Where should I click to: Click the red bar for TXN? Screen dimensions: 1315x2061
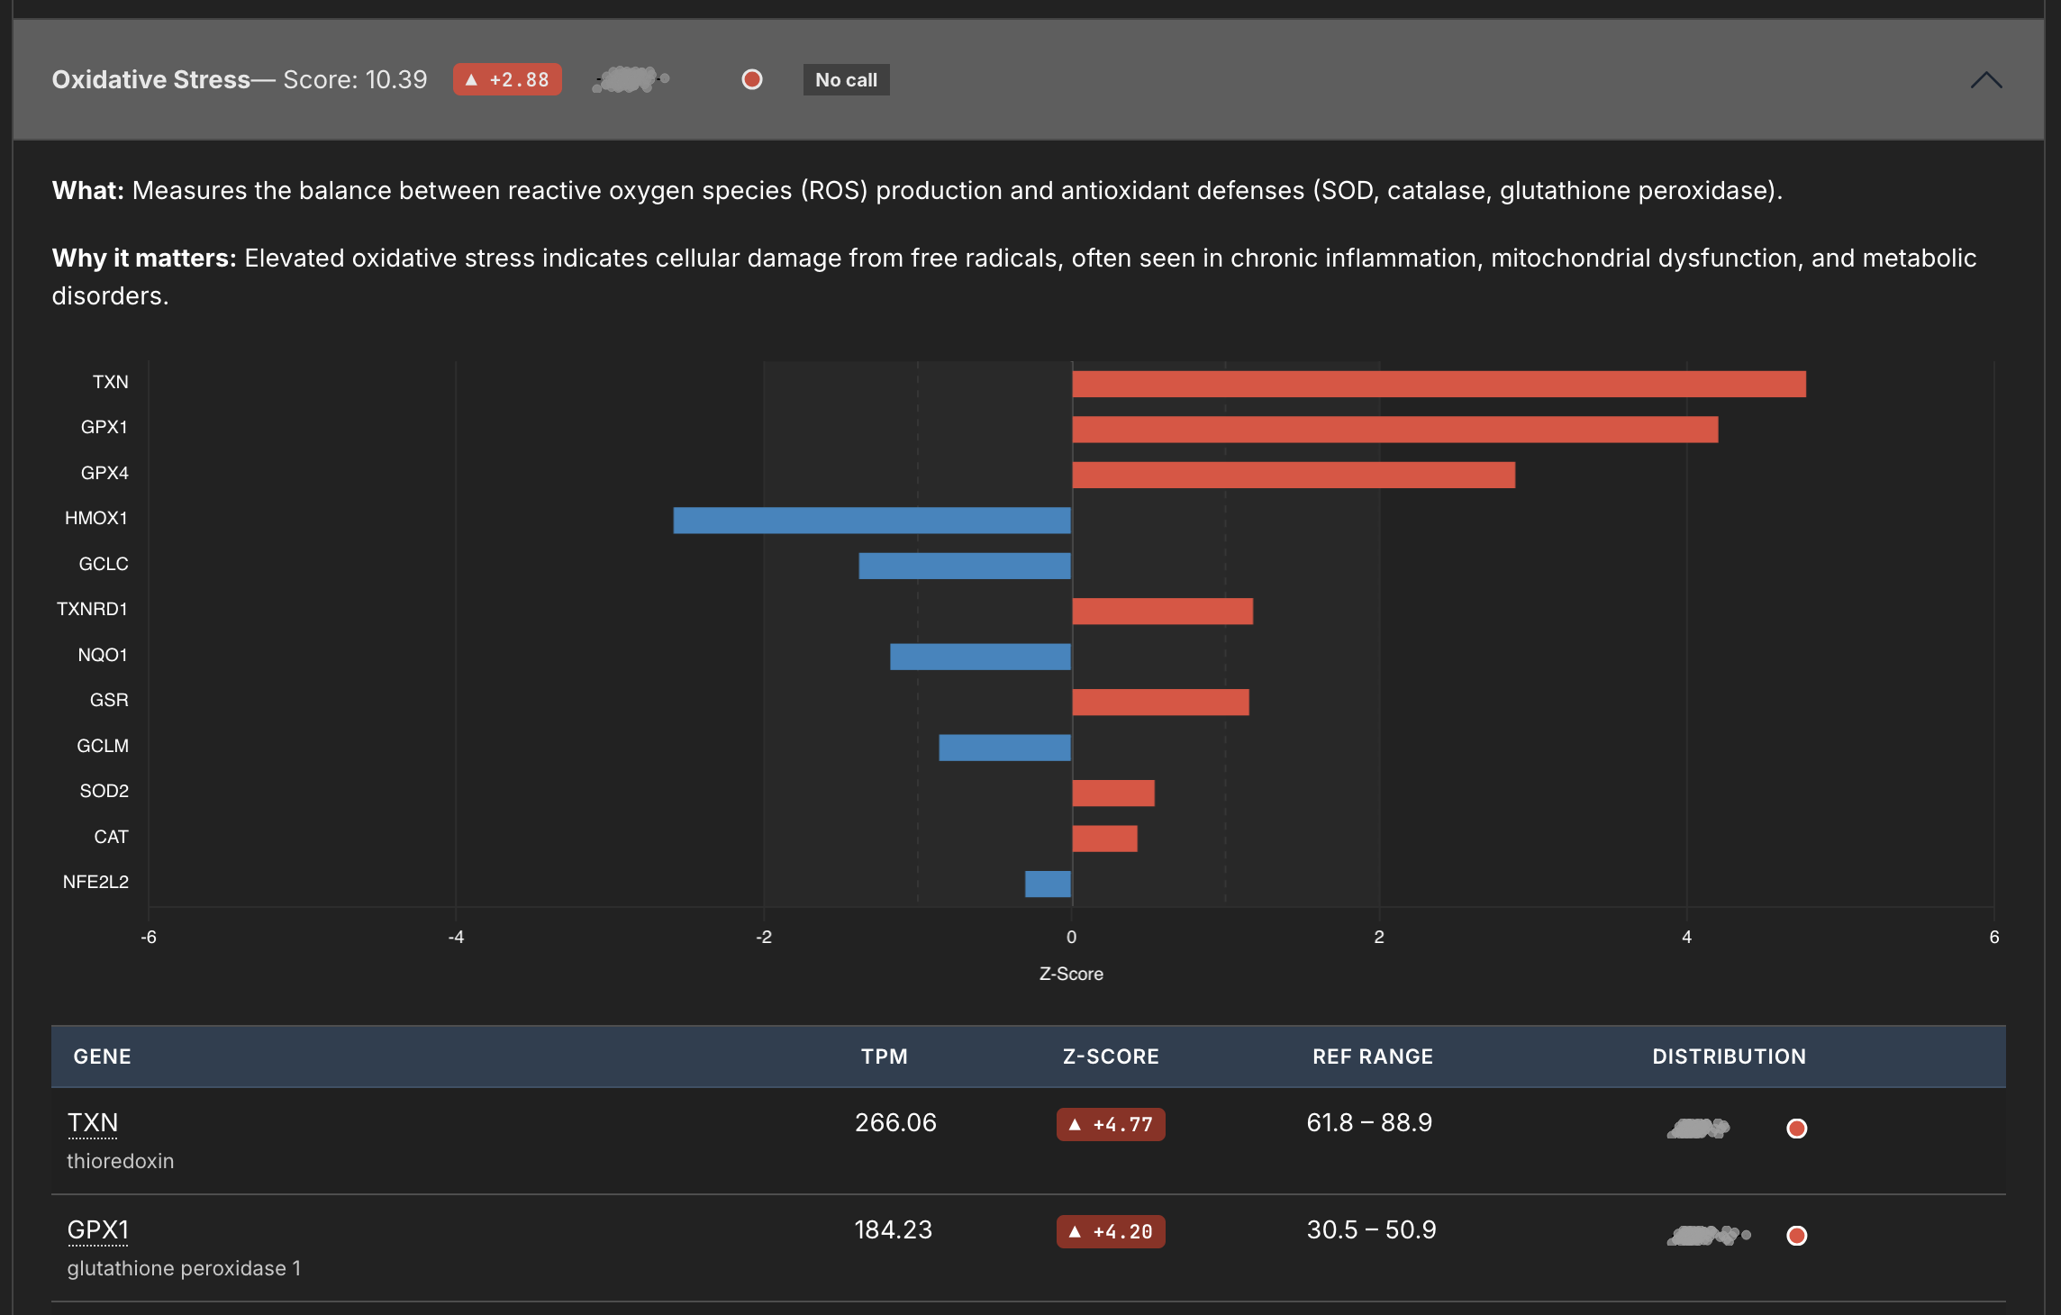pyautogui.click(x=1439, y=385)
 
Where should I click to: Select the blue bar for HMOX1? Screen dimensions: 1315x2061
pyautogui.click(x=872, y=521)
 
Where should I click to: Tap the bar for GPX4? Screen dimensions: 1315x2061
pyautogui.click(x=1294, y=475)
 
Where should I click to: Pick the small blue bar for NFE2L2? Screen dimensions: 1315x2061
pyautogui.click(x=1048, y=884)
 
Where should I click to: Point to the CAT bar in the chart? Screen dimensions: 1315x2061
pyautogui.click(x=1104, y=839)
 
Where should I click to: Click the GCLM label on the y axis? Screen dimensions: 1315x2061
pyautogui.click(x=103, y=746)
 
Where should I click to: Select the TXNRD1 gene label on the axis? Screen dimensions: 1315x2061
pyautogui.click(x=92, y=609)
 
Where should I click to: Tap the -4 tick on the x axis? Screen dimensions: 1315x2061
pyautogui.click(x=456, y=937)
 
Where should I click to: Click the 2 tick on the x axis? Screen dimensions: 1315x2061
pyautogui.click(x=1378, y=937)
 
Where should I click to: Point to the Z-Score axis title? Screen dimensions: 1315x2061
pyautogui.click(x=1071, y=974)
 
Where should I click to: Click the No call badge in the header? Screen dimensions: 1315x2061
pyautogui.click(x=846, y=80)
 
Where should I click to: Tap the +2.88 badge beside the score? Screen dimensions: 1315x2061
pyautogui.click(x=507, y=80)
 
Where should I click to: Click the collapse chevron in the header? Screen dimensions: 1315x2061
pyautogui.click(x=1985, y=80)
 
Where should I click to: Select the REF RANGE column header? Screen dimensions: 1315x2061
pyautogui.click(x=1372, y=1057)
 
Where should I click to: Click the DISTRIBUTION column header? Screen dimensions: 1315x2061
pyautogui.click(x=1729, y=1057)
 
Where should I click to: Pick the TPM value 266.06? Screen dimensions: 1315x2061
pyautogui.click(x=895, y=1123)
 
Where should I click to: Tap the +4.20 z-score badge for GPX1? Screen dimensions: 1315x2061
pyautogui.click(x=1111, y=1231)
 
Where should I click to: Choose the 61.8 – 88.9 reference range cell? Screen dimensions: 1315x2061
pyautogui.click(x=1369, y=1123)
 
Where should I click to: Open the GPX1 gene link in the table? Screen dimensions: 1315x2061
pyautogui.click(x=98, y=1230)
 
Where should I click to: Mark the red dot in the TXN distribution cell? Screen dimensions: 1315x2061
pyautogui.click(x=1796, y=1129)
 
